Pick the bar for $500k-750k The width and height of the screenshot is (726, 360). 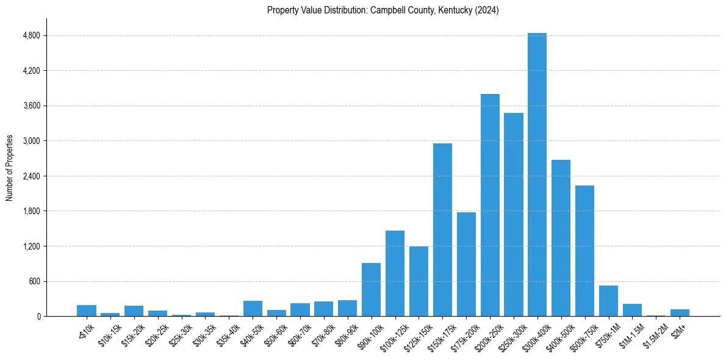(x=584, y=251)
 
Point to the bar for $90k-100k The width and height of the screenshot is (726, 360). (x=371, y=290)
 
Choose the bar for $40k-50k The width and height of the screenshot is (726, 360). (x=253, y=309)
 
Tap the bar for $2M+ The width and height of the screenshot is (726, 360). (x=680, y=313)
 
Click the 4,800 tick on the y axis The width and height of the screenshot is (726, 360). (x=31, y=35)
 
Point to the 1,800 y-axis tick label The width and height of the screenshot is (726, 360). (x=31, y=211)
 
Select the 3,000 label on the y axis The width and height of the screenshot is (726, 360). (x=31, y=141)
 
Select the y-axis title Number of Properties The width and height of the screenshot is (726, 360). (x=9, y=168)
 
